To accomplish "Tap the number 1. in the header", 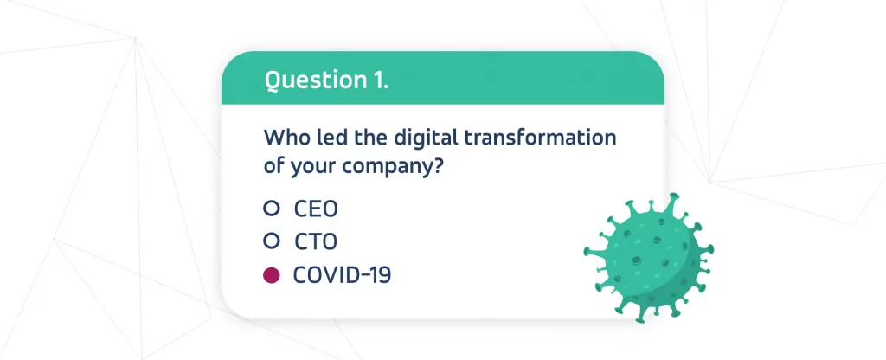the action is tap(381, 80).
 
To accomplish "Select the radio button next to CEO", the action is tap(272, 209).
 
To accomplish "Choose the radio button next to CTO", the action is tap(272, 241).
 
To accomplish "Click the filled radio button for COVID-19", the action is tap(272, 275).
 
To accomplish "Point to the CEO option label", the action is tap(316, 209).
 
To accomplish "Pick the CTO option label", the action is tap(316, 242).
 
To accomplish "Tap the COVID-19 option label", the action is tap(342, 275).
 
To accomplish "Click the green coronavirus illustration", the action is tap(649, 258).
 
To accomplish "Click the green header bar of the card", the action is tap(442, 78).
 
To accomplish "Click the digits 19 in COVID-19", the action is tap(381, 275).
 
